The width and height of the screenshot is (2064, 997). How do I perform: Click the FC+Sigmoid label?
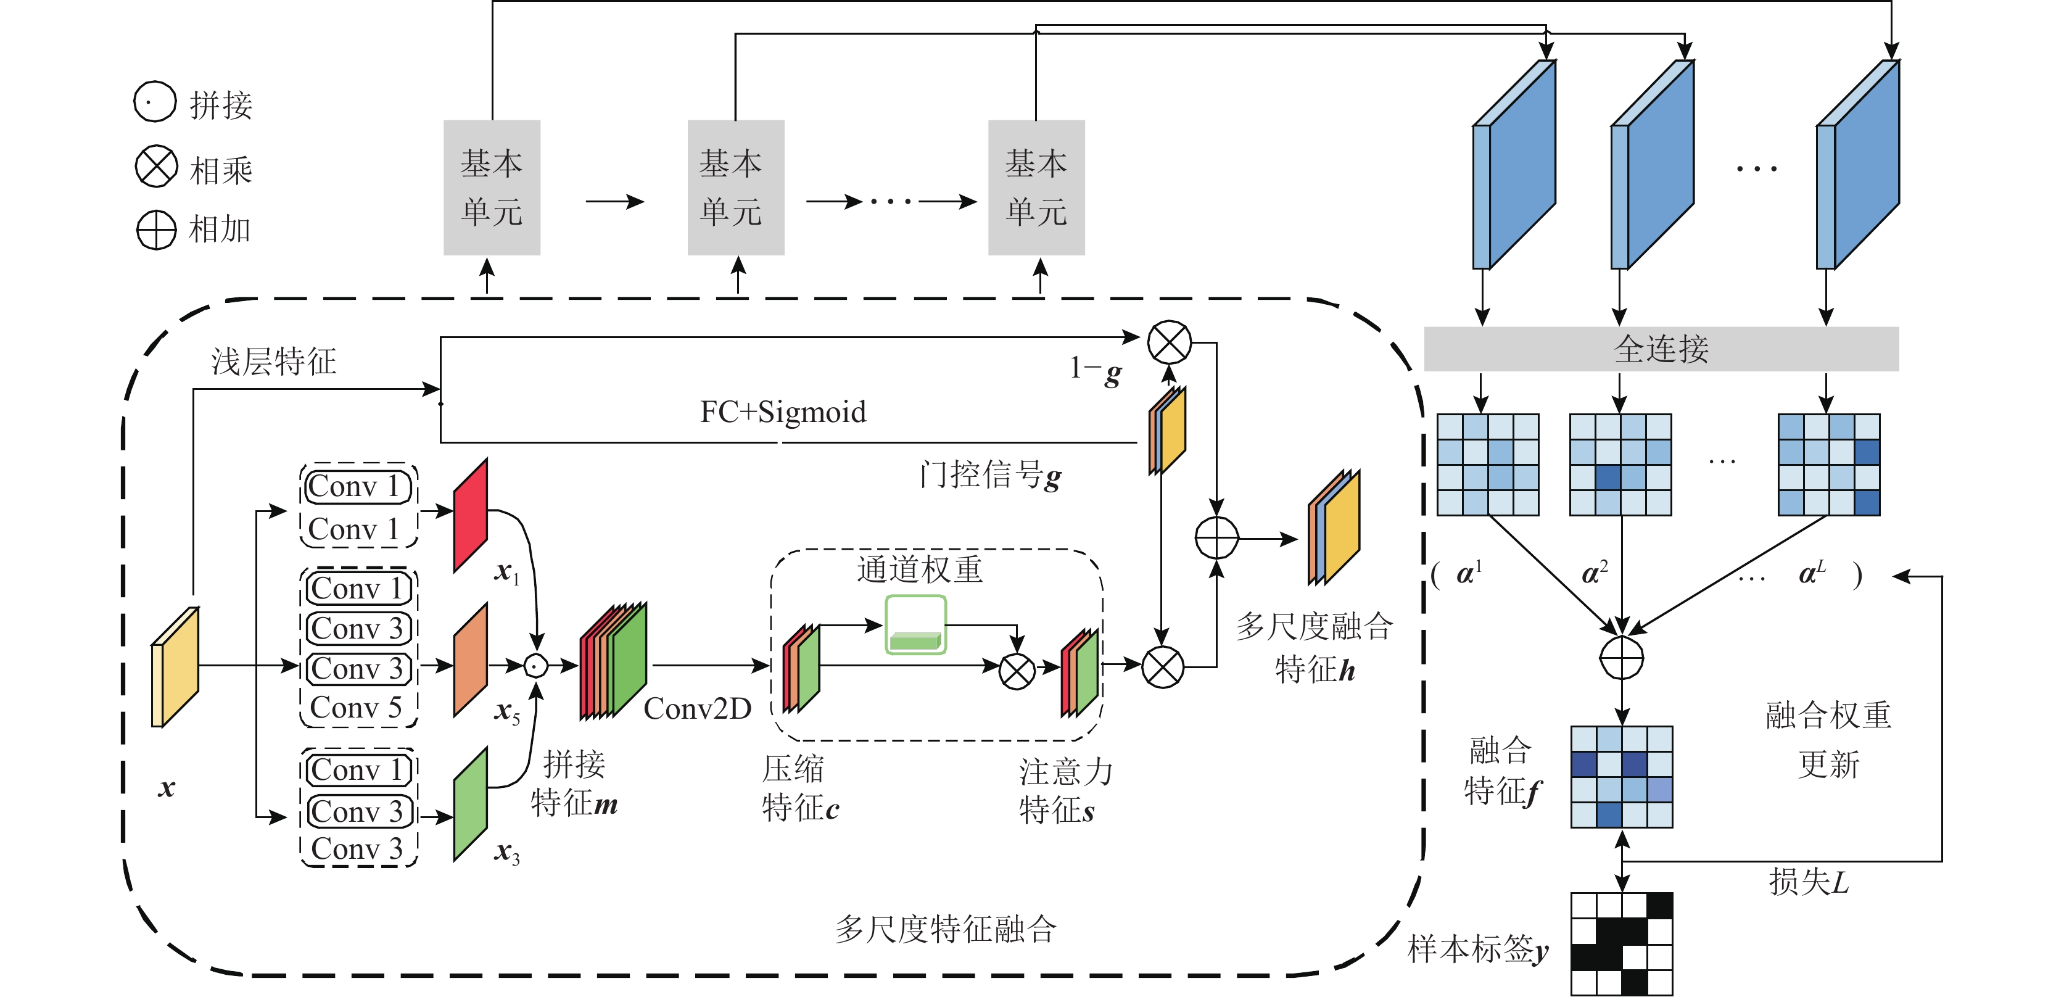pos(783,412)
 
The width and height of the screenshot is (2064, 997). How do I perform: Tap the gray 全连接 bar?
pos(1661,349)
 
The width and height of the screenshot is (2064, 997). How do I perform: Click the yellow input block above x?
pos(175,667)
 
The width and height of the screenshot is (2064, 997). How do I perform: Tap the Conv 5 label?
pos(357,708)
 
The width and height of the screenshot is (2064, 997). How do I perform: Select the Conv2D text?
pos(697,708)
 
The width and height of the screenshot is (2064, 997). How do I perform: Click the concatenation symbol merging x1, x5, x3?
pos(536,665)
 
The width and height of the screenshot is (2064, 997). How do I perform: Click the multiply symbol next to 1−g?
pos(1169,343)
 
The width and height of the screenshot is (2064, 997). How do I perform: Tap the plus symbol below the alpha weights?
pos(1621,658)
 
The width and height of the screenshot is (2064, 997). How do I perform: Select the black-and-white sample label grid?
pos(1621,943)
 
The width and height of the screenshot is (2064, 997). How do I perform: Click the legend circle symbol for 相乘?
pos(156,167)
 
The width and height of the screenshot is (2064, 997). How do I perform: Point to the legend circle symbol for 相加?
pos(156,230)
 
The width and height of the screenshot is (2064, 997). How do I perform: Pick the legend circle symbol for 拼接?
pos(155,102)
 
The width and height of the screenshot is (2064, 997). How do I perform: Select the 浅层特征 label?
pos(273,362)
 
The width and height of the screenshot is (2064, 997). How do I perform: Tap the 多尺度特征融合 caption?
pos(946,930)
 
